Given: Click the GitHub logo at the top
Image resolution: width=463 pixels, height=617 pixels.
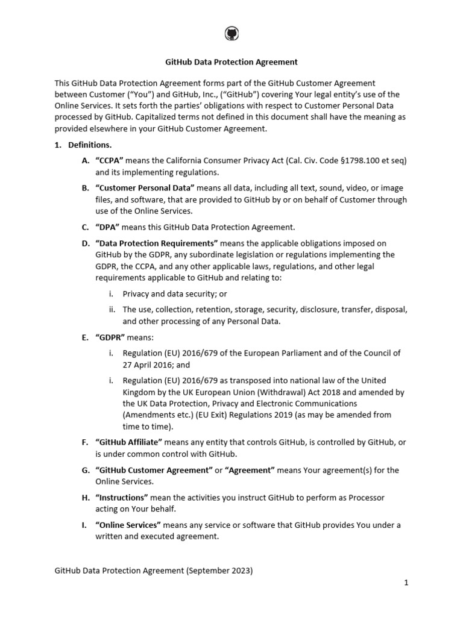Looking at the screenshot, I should click(231, 33).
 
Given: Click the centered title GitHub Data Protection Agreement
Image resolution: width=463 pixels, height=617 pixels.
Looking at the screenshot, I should click(231, 62).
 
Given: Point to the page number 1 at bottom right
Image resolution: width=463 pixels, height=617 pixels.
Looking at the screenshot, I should click(406, 583).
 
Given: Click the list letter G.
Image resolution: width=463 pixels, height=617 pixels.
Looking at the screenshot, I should click(85, 470).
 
